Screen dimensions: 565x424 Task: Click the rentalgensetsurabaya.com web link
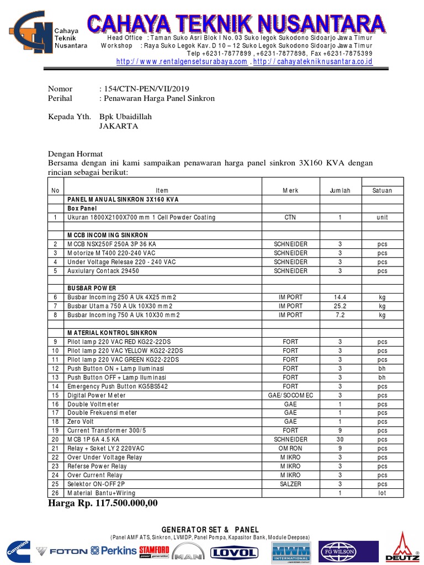tap(182, 62)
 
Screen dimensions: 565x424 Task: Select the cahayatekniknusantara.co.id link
tap(313, 62)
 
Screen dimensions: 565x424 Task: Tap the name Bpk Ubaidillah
tap(125, 117)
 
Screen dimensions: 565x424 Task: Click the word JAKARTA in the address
tap(119, 126)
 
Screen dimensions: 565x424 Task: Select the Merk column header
tap(290, 190)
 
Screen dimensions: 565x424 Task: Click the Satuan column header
tap(382, 190)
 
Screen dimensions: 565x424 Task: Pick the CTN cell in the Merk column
tap(290, 217)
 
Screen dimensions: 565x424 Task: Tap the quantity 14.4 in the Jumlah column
tap(340, 297)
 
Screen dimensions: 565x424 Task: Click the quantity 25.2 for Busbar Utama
tap(340, 306)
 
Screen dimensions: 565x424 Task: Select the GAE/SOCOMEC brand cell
tap(290, 395)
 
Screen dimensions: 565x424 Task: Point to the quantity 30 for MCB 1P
tap(340, 440)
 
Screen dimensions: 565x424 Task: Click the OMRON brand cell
tap(290, 449)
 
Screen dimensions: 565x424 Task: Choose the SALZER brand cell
tap(290, 484)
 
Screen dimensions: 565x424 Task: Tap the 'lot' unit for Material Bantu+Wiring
tap(382, 493)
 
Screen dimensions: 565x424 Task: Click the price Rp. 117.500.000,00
tap(103, 503)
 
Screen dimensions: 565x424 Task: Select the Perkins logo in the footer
tap(114, 551)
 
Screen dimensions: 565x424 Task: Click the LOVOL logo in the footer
tap(235, 552)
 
